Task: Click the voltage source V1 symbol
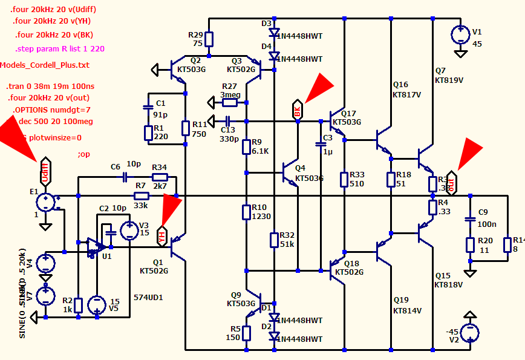[460, 34]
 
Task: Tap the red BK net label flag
[298, 109]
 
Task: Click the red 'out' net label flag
[451, 183]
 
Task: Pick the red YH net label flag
[161, 235]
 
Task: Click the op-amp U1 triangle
[94, 247]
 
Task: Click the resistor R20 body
[469, 244]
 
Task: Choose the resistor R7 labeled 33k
[141, 196]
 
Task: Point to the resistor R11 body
[186, 128]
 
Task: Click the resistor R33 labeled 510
[344, 180]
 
